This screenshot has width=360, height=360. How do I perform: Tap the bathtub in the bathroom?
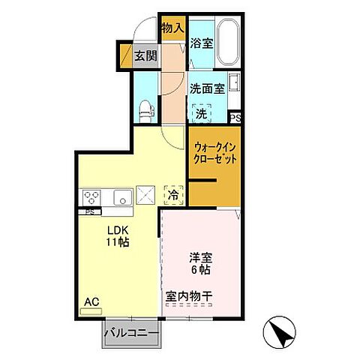[226, 42]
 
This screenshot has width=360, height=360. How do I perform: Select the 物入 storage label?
[172, 28]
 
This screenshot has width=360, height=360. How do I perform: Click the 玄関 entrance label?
[145, 55]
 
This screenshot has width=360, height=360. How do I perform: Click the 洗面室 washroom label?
[206, 88]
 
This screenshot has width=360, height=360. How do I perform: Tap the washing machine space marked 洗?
[201, 114]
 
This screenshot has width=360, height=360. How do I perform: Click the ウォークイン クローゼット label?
[214, 153]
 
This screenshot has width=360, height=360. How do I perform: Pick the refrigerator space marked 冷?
[172, 196]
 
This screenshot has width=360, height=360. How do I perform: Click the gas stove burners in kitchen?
[93, 198]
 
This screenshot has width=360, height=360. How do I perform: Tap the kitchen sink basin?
[122, 198]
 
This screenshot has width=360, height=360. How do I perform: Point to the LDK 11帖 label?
[117, 236]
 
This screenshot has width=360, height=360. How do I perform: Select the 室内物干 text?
[189, 298]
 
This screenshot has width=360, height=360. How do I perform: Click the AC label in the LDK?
[91, 302]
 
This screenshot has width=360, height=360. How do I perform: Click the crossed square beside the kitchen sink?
[146, 196]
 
